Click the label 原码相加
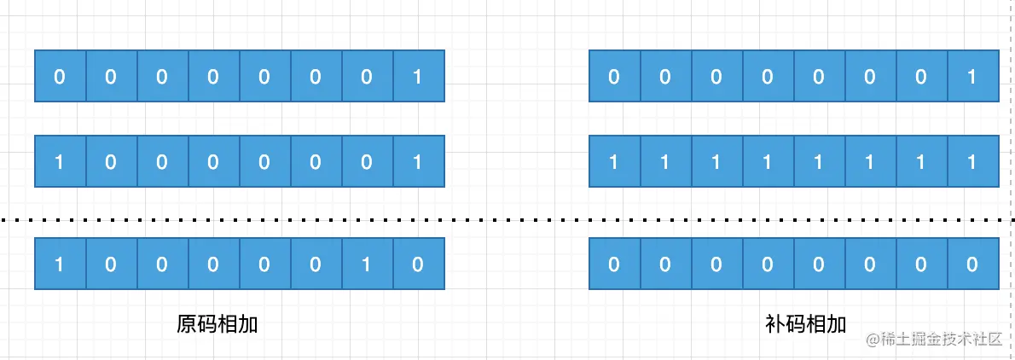click(x=217, y=323)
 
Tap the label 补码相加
click(x=805, y=323)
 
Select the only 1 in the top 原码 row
click(x=418, y=77)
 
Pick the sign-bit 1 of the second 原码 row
click(x=60, y=161)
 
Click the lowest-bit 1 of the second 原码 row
click(x=418, y=161)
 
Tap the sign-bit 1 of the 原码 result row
click(x=60, y=264)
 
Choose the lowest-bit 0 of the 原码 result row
click(x=418, y=264)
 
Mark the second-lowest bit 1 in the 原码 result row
click(x=367, y=264)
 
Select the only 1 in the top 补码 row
click(x=972, y=77)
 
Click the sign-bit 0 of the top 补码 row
click(x=614, y=77)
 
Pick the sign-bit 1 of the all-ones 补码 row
click(x=614, y=161)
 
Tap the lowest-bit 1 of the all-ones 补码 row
click(x=972, y=161)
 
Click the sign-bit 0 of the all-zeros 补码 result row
click(x=614, y=264)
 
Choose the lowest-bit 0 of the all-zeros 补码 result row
click(x=972, y=264)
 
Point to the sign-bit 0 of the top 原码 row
click(x=60, y=77)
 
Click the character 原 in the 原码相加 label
click(x=187, y=323)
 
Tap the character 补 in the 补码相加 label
click(x=774, y=323)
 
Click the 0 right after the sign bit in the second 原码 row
click(x=111, y=161)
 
